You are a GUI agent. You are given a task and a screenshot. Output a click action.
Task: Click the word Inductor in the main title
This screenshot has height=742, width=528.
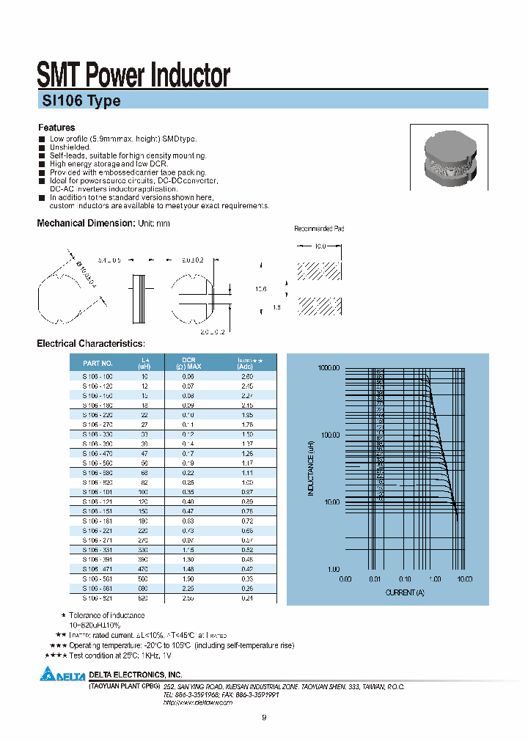tap(182, 76)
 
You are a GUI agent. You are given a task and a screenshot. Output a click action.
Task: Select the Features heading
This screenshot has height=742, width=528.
tap(56, 128)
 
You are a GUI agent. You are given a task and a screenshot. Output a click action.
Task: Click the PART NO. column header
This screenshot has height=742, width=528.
tap(98, 363)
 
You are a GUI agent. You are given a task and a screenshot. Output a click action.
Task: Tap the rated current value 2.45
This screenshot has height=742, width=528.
tap(247, 385)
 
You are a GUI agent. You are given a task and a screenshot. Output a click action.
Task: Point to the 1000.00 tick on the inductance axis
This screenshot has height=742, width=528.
tap(330, 368)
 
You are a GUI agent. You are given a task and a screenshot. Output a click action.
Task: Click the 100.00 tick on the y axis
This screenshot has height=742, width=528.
tap(331, 435)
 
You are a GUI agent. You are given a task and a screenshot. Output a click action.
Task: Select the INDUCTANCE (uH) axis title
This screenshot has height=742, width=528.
tap(310, 468)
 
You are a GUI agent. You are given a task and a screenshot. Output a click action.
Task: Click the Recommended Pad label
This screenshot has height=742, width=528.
tap(319, 229)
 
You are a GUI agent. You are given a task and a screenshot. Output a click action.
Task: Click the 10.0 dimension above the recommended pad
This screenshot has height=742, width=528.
tap(320, 247)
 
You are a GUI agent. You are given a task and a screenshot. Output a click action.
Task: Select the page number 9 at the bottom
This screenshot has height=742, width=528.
tap(264, 717)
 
